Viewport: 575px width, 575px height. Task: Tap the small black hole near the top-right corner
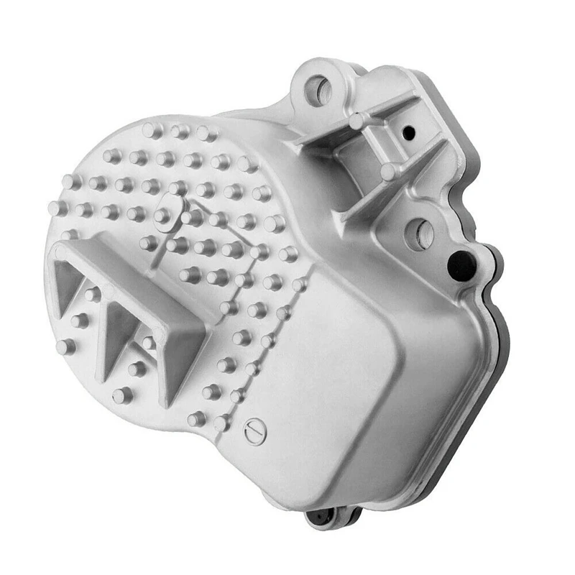pyautogui.click(x=408, y=133)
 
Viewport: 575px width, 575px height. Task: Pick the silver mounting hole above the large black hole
pyautogui.click(x=420, y=234)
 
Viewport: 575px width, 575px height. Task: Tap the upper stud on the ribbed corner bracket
pyautogui.click(x=357, y=121)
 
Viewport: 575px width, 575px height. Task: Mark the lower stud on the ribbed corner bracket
pyautogui.click(x=389, y=171)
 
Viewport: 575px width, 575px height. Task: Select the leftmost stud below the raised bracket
pyautogui.click(x=65, y=346)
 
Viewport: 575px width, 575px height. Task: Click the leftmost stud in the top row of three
pyautogui.click(x=152, y=130)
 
